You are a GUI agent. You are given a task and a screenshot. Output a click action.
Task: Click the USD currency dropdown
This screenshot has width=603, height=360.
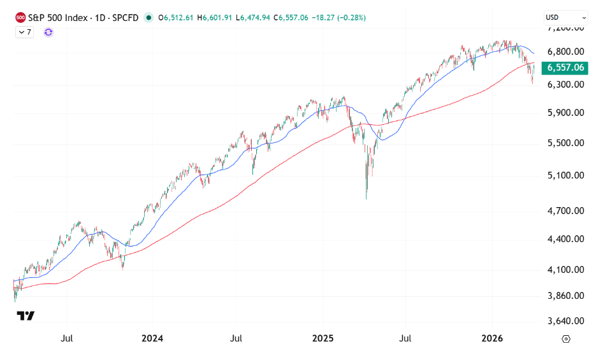[x=566, y=18]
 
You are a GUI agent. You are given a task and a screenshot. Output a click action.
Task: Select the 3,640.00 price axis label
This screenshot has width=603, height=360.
[x=566, y=321]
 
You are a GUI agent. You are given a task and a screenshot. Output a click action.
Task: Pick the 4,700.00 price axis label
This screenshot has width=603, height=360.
[x=566, y=210]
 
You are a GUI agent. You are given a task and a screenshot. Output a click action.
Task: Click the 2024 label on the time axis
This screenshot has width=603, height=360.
[x=152, y=338]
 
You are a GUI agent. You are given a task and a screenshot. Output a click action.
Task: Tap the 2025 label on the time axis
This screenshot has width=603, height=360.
[x=323, y=338]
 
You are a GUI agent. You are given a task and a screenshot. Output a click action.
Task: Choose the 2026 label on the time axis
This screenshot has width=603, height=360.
[x=492, y=338]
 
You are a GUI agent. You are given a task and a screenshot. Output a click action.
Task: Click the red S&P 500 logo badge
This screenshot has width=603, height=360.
[x=20, y=18]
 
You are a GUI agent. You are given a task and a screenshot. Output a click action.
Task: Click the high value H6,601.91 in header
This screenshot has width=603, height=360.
[x=217, y=18]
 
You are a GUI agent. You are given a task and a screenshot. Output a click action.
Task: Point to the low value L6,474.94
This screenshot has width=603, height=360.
[x=254, y=18]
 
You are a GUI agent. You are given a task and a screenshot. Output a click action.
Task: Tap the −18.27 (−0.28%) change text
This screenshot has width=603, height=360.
[x=338, y=18]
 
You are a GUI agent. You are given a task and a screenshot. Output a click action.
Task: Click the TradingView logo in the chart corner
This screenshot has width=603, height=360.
[x=25, y=315]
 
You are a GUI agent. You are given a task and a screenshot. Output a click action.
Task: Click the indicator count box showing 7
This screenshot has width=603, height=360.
[x=24, y=32]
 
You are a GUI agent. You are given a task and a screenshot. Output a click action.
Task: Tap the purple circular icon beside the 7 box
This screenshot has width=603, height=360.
[x=48, y=32]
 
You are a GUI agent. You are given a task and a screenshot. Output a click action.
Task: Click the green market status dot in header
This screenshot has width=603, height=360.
[x=149, y=18]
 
